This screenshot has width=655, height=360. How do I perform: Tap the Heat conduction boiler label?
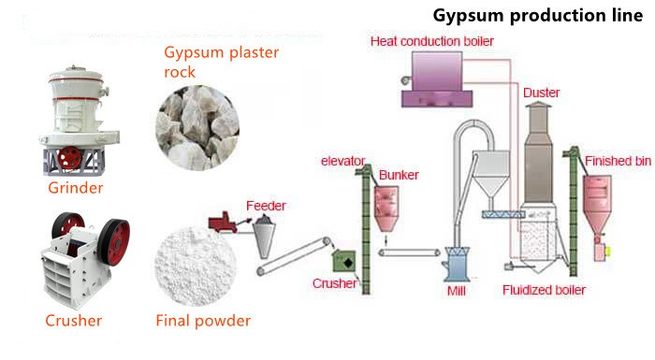(x=432, y=41)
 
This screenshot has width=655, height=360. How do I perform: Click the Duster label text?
(x=542, y=94)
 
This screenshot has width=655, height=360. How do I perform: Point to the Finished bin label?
(x=618, y=162)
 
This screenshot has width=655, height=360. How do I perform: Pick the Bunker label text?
(x=399, y=175)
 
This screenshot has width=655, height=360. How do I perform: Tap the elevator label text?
(x=342, y=161)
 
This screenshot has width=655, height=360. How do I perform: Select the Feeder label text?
(x=266, y=205)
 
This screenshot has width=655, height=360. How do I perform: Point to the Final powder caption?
(x=203, y=321)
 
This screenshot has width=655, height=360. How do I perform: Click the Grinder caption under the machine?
(x=75, y=188)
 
